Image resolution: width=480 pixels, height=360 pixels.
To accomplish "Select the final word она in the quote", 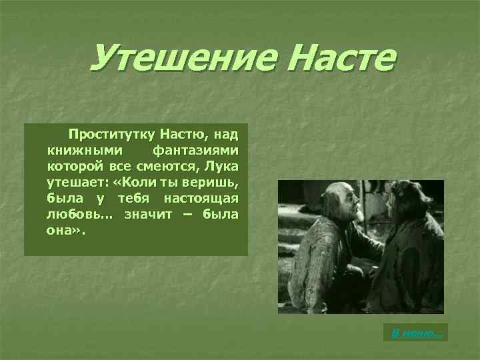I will [x=63, y=231].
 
